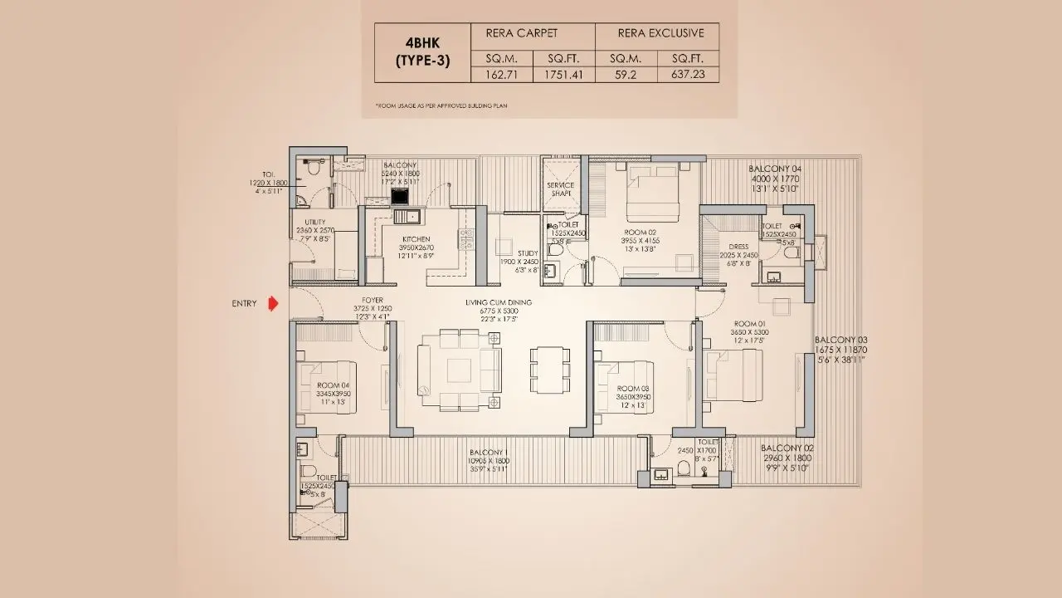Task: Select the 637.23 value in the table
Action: point(688,75)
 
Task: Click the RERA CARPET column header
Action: point(526,33)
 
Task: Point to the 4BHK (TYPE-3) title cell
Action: point(422,51)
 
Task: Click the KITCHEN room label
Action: point(415,238)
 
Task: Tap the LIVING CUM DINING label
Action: point(499,302)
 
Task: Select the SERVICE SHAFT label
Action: point(560,189)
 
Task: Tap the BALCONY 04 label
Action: point(775,169)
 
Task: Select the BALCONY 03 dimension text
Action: point(840,350)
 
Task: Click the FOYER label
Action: point(372,300)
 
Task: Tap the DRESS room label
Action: point(738,247)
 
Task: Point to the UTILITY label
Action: point(314,222)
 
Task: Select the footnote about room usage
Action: point(441,106)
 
